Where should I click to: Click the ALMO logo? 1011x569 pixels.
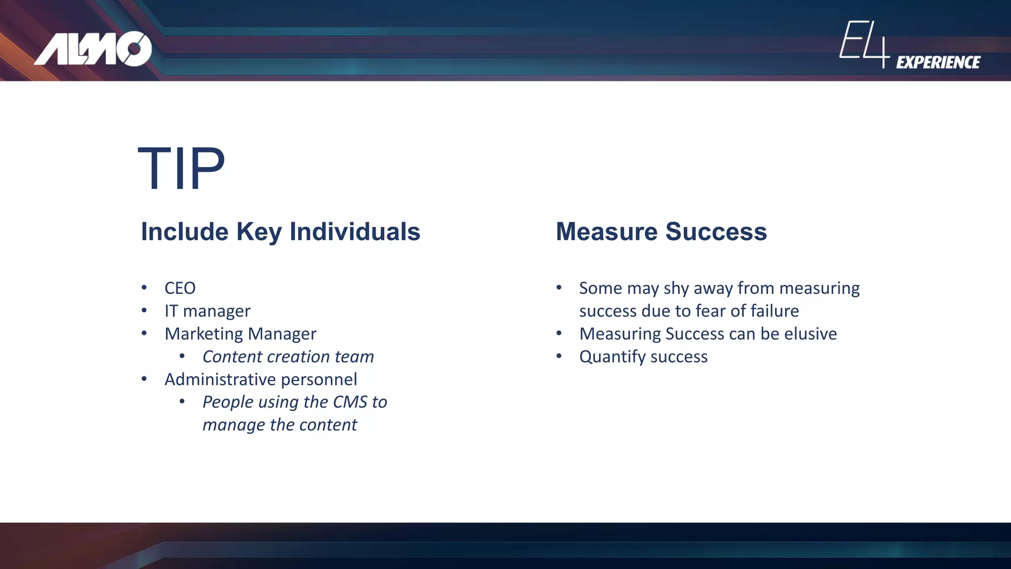tap(93, 48)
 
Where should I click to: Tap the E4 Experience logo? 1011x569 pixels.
tap(909, 45)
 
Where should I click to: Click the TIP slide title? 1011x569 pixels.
tap(181, 169)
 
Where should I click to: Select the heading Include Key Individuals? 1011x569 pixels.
tap(280, 231)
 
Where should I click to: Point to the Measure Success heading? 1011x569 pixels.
tap(661, 231)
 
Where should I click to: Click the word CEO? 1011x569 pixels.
tap(180, 288)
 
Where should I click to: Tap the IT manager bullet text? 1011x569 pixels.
tap(207, 311)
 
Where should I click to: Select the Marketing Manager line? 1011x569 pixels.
tap(240, 334)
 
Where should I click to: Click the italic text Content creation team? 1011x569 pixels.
tap(288, 357)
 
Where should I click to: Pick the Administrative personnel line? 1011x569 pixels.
tap(261, 379)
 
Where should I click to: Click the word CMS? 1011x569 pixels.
tap(350, 402)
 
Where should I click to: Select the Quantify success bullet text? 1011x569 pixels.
tap(643, 357)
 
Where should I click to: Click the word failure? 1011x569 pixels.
tap(775, 311)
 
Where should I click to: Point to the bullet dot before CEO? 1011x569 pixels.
tap(144, 287)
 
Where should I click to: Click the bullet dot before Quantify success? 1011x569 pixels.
tap(559, 356)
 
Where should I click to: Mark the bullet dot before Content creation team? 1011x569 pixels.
tap(182, 356)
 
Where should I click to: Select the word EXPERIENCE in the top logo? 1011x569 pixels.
tap(938, 62)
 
